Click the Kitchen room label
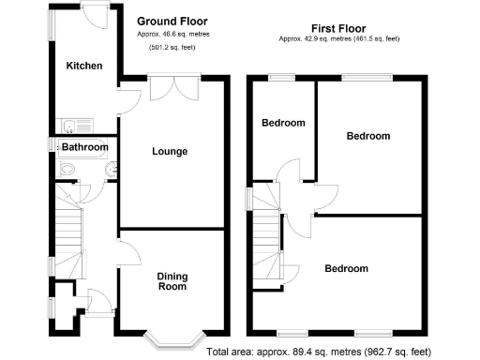pos(83,66)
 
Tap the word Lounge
pos(170,151)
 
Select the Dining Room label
pos(171,280)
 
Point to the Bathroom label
pos(84,147)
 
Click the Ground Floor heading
pos(172,21)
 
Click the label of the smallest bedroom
pos(283,123)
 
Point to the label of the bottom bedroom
pos(346,269)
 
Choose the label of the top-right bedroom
pos(367,136)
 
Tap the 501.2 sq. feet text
pos(172,45)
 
